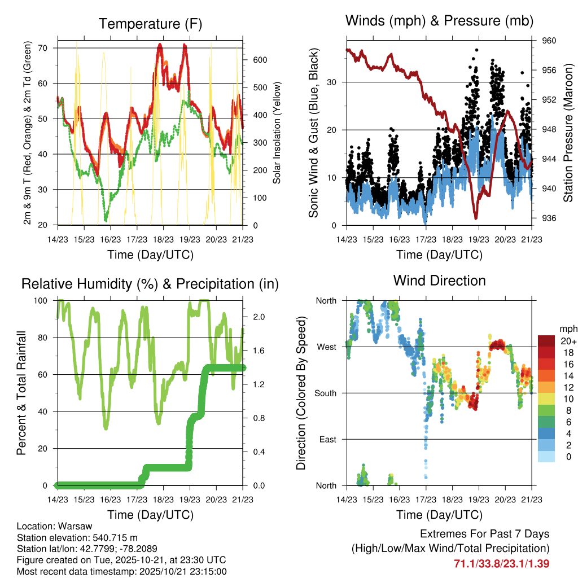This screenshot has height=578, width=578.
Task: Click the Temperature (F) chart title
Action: click(x=150, y=24)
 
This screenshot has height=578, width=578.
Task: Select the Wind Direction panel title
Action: click(x=439, y=281)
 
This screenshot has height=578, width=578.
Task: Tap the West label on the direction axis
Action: click(x=327, y=347)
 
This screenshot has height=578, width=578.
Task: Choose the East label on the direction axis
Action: click(x=328, y=439)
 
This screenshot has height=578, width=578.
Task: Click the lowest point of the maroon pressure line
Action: click(x=476, y=217)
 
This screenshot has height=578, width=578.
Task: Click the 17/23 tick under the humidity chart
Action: click(x=136, y=499)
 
